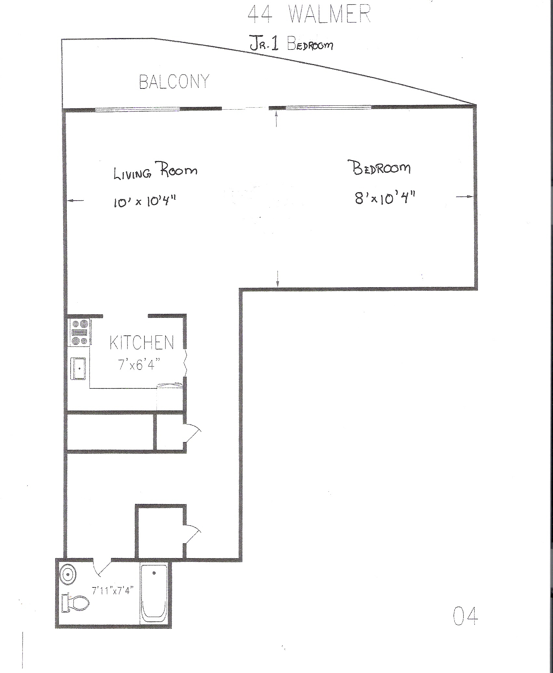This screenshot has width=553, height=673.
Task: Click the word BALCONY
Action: (174, 82)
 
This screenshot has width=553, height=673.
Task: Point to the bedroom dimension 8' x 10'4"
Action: (385, 197)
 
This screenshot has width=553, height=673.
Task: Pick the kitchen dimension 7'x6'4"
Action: (140, 365)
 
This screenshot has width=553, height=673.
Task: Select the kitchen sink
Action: (79, 369)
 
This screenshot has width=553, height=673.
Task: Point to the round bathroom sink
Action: (68, 575)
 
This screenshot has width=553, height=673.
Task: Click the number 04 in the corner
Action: (465, 616)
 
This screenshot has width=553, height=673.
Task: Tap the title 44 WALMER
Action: (309, 15)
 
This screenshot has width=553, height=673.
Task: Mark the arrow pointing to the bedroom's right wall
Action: (465, 196)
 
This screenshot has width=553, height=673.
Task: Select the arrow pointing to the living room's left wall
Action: (75, 201)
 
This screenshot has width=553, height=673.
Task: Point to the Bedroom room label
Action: (381, 168)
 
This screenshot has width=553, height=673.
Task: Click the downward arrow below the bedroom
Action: (277, 278)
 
